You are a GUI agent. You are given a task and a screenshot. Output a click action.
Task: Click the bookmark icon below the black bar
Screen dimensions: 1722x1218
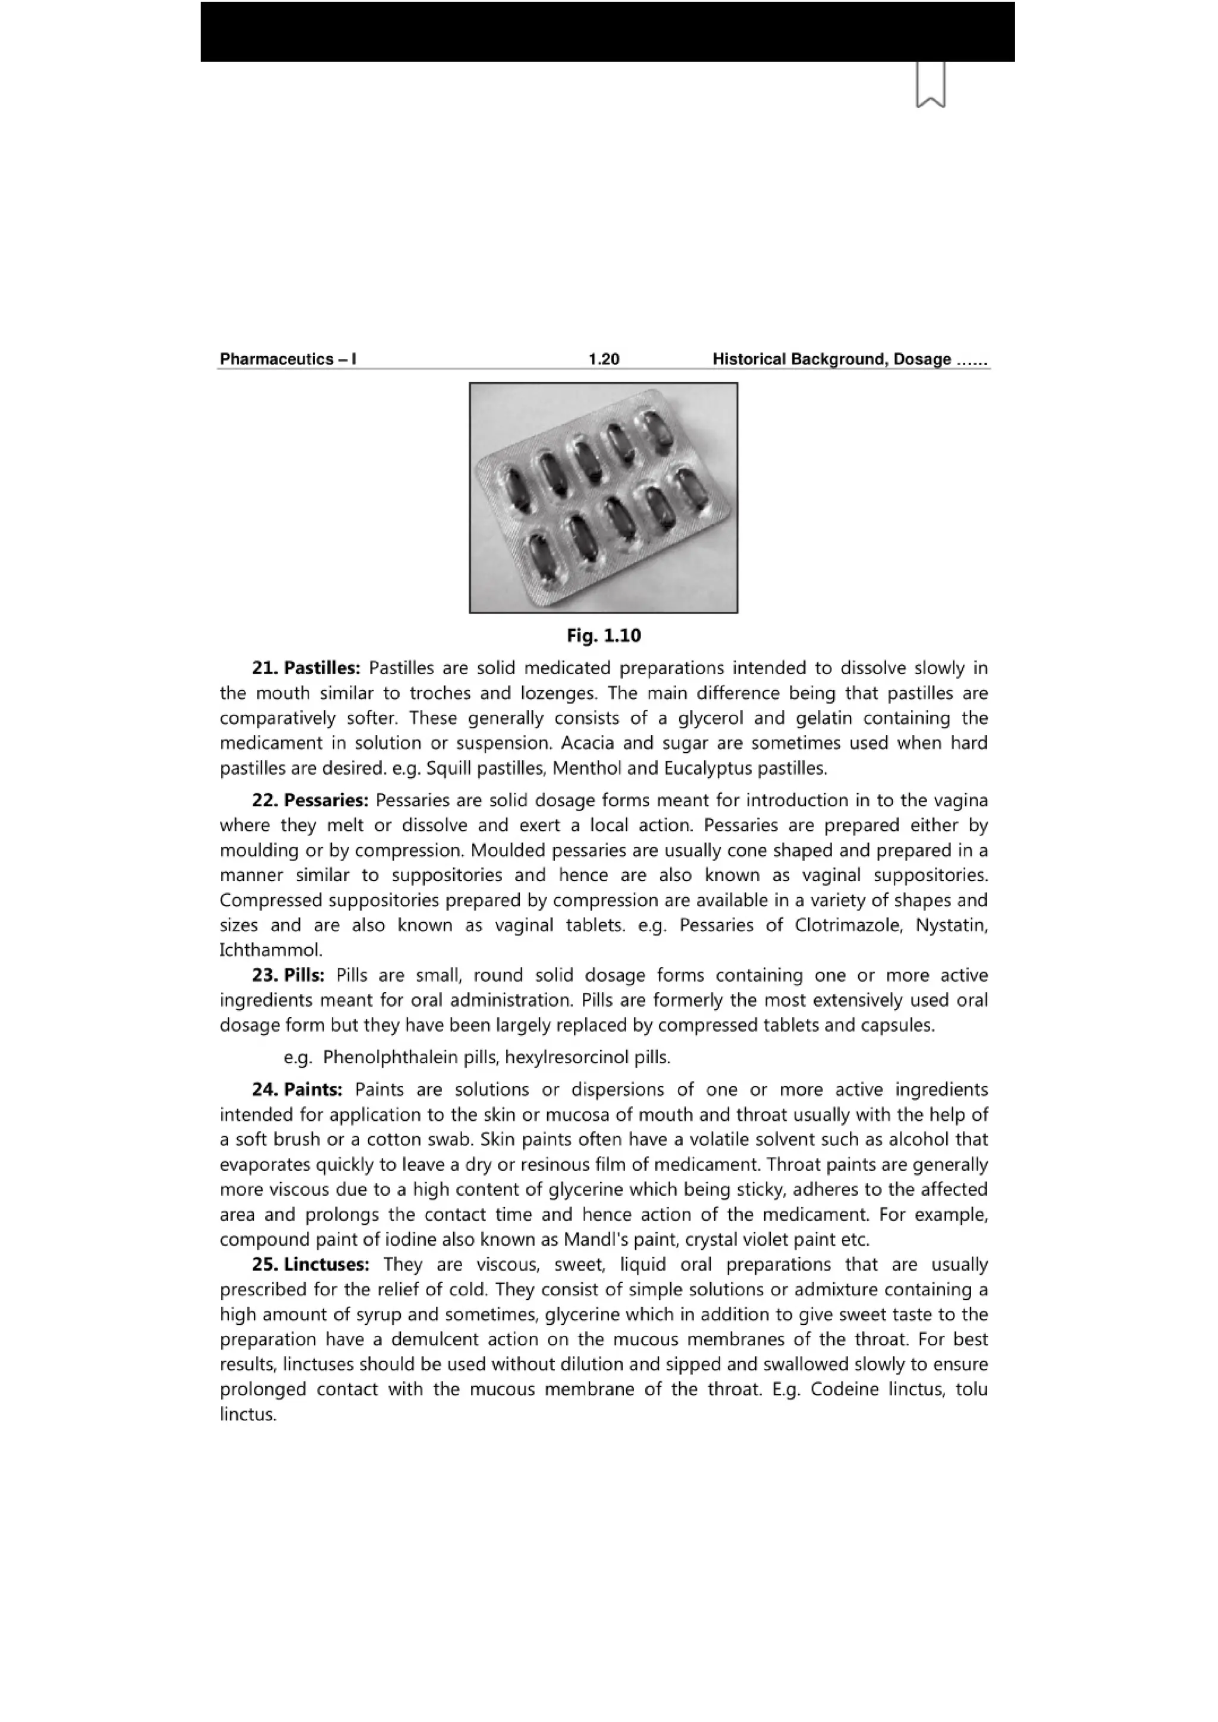coord(930,84)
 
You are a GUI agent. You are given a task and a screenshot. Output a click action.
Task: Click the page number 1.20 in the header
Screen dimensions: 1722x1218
coord(604,359)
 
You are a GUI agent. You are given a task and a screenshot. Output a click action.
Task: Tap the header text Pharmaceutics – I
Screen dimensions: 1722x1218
coord(287,359)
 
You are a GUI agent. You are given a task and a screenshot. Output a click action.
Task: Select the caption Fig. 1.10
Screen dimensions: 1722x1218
coord(604,636)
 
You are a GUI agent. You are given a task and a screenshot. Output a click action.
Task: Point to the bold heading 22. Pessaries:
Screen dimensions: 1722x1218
coord(310,800)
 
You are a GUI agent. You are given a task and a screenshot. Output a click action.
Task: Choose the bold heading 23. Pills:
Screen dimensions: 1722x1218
coord(288,975)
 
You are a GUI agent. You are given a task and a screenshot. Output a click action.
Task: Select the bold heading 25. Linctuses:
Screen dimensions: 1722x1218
coord(310,1265)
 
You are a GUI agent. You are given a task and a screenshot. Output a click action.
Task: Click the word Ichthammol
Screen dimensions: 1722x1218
coord(270,950)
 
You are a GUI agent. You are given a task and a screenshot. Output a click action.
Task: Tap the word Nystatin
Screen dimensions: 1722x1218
coord(951,925)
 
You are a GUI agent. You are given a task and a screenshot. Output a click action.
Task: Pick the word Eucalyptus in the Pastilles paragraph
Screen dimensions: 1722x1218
coord(708,769)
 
